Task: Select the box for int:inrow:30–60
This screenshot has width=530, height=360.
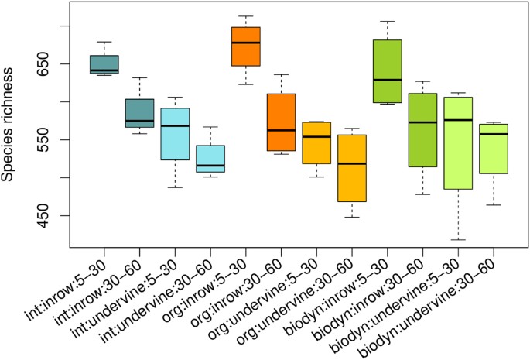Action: (140, 113)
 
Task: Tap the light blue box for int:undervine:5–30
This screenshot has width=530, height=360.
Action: (175, 133)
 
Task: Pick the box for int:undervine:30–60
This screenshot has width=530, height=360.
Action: (210, 159)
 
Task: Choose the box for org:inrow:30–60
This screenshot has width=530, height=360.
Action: (281, 122)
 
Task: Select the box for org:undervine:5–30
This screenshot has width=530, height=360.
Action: (316, 142)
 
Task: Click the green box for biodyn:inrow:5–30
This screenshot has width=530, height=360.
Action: (387, 70)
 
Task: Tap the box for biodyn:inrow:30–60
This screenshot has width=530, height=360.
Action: (422, 130)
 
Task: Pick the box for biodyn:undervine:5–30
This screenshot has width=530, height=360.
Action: (458, 143)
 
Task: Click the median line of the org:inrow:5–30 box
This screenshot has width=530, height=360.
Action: (246, 43)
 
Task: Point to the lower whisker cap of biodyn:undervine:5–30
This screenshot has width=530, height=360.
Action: (458, 240)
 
